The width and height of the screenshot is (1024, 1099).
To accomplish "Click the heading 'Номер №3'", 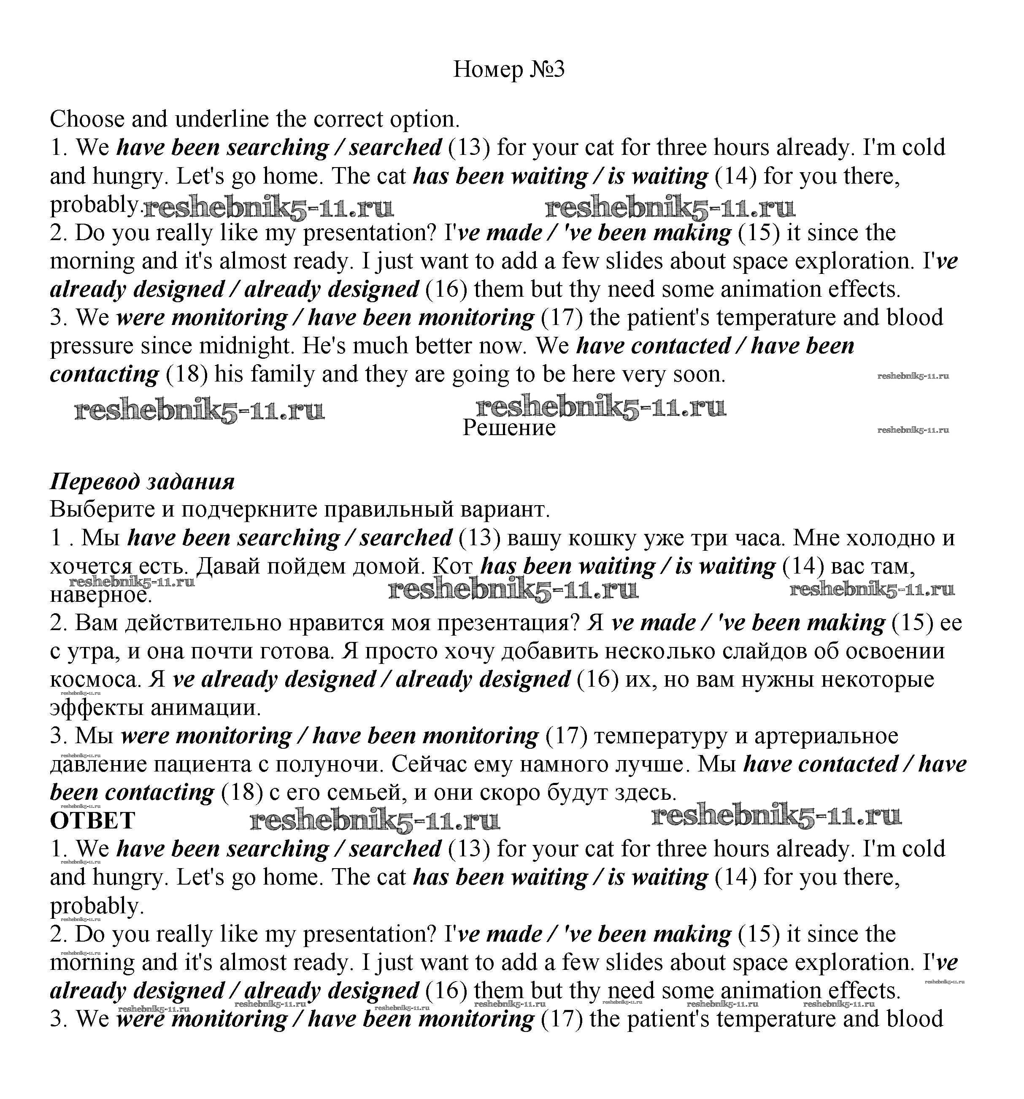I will pos(508,70).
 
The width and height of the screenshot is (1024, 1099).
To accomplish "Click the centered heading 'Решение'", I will pos(508,428).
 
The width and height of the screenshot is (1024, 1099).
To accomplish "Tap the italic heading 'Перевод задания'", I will pos(142,482).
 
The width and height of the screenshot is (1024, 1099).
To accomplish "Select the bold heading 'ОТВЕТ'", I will pos(92,820).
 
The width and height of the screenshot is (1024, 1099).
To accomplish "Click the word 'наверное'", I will pos(100,595).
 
